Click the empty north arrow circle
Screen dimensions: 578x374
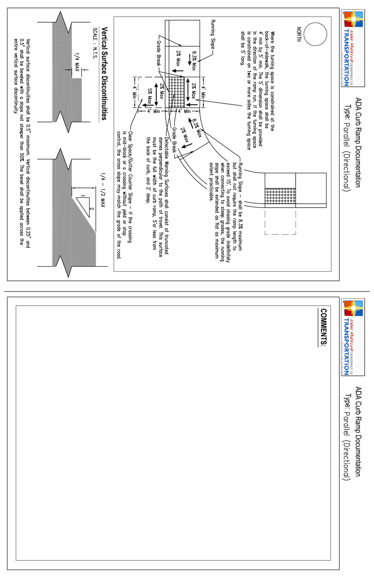click(x=315, y=34)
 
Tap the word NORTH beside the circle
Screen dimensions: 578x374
click(x=299, y=34)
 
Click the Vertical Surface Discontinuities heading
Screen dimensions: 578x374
click(x=104, y=73)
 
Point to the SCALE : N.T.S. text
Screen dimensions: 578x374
click(x=95, y=43)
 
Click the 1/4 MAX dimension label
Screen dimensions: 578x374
click(x=77, y=62)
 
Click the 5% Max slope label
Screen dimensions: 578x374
click(x=150, y=96)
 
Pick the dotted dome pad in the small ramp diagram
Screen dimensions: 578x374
click(x=280, y=196)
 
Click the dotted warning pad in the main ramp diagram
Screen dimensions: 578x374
click(x=176, y=92)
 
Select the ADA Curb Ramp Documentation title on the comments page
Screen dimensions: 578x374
click(x=358, y=431)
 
